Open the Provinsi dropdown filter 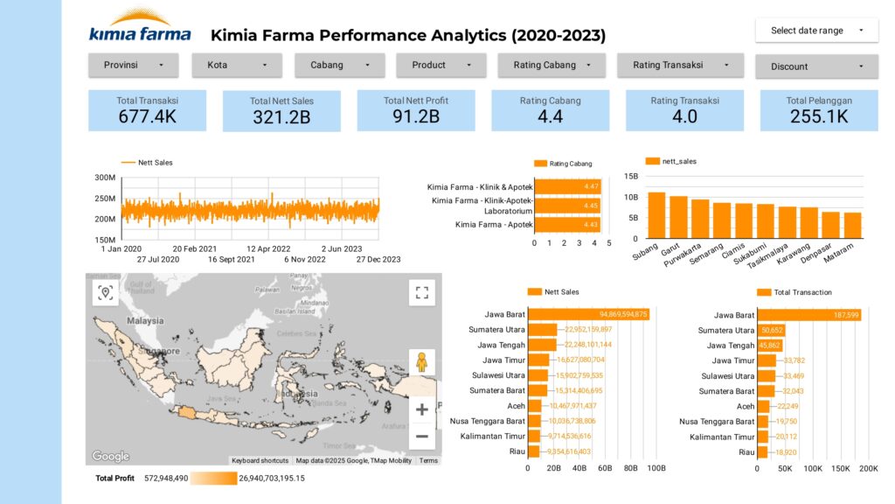click(133, 65)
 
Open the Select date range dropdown click(816, 31)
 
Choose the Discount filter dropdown click(816, 66)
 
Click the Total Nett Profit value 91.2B click(415, 115)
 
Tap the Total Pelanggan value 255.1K click(818, 115)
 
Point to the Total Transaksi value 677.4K click(147, 115)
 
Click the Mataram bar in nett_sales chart click(852, 225)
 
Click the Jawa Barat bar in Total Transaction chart click(808, 314)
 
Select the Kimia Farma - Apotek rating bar click(566, 225)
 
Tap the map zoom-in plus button click(421, 409)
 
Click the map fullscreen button click(421, 293)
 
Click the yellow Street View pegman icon click(421, 361)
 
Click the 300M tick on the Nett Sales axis click(104, 178)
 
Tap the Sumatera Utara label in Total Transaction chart click(725, 331)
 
